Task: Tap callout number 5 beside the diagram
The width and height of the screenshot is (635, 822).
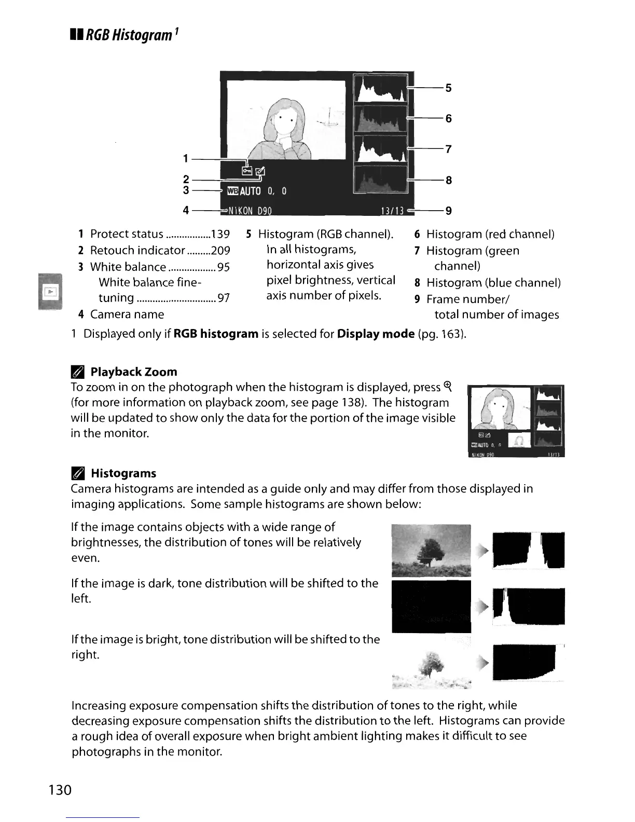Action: [448, 88]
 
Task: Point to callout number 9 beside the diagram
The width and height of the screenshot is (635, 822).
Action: [448, 210]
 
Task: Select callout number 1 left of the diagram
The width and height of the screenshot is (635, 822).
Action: [185, 158]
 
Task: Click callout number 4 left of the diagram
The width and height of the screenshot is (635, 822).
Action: [185, 210]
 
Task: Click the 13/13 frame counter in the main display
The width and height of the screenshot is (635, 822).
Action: [392, 211]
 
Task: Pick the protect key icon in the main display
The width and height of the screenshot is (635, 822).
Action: [247, 170]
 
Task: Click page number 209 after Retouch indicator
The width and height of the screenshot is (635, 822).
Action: [220, 251]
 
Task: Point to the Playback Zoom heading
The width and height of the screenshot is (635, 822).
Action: [133, 372]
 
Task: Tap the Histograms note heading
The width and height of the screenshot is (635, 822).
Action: [123, 473]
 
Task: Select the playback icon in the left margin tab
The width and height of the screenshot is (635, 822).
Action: [50, 293]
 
